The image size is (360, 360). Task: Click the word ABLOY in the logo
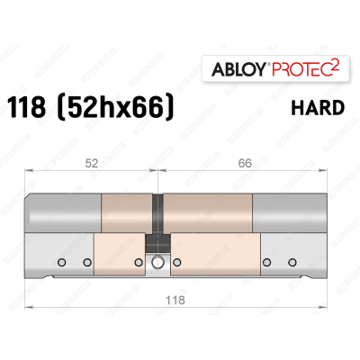233,69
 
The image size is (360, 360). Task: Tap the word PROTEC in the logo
293,69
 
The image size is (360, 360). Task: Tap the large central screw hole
159,264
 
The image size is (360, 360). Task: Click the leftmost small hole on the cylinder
62,263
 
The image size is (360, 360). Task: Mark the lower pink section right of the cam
216,256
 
